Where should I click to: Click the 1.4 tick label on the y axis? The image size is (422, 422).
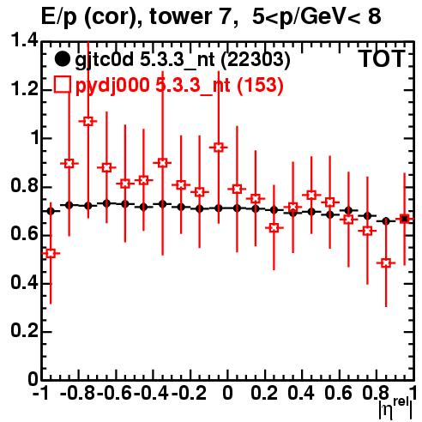[x=24, y=40]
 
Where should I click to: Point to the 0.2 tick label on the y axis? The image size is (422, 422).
[x=24, y=331]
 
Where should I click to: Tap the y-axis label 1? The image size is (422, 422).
[x=35, y=138]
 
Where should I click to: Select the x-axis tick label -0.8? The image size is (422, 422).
[x=78, y=393]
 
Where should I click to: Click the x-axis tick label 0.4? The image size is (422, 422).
[x=301, y=393]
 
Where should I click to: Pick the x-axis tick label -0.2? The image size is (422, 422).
[x=189, y=393]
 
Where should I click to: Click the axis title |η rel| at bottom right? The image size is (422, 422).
[x=395, y=408]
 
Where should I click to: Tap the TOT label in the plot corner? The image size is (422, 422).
[x=383, y=59]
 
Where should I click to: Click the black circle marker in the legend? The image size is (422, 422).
[x=62, y=59]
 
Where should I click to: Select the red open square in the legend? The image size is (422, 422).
[x=63, y=84]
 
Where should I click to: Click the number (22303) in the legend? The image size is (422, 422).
[x=256, y=60]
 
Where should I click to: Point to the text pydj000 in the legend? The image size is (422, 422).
[x=112, y=85]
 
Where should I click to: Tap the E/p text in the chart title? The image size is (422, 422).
[x=59, y=17]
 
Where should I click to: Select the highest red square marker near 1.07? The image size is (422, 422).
[x=88, y=121]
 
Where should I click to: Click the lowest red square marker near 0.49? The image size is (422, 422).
[x=386, y=263]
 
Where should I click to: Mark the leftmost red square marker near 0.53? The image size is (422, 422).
[x=51, y=253]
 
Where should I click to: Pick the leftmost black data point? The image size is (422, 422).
[x=51, y=211]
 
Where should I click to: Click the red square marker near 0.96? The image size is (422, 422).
[x=219, y=148]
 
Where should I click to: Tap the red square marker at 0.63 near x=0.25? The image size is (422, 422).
[x=274, y=228]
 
